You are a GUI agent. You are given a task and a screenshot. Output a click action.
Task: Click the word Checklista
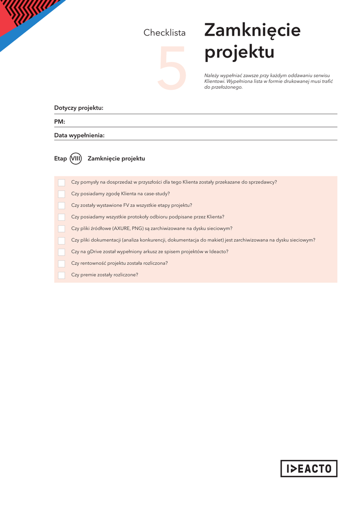pyautogui.click(x=164, y=33)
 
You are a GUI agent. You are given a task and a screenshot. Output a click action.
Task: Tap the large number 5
pyautogui.click(x=172, y=68)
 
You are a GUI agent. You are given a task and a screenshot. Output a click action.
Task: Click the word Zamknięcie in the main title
pyautogui.click(x=252, y=30)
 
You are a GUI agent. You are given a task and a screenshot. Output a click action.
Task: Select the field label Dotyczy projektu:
pyautogui.click(x=78, y=108)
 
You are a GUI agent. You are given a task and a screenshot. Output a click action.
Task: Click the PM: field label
pyautogui.click(x=60, y=122)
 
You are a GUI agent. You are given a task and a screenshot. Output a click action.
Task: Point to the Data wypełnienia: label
pyautogui.click(x=79, y=135)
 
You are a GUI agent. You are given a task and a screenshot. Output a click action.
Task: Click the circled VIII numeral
pyautogui.click(x=76, y=158)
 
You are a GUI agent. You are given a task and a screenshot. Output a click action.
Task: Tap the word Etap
pyautogui.click(x=61, y=158)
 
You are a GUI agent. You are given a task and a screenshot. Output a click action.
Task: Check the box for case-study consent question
pyautogui.click(x=62, y=194)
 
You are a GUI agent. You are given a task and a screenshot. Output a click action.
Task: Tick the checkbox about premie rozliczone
pyautogui.click(x=62, y=275)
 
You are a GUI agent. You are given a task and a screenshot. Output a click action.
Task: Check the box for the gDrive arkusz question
pyautogui.click(x=62, y=252)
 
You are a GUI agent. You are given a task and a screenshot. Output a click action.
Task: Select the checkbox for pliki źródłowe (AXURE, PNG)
pyautogui.click(x=62, y=229)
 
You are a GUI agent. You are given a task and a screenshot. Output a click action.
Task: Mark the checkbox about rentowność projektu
pyautogui.click(x=62, y=264)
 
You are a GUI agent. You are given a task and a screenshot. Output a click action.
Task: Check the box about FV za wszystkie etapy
pyautogui.click(x=62, y=205)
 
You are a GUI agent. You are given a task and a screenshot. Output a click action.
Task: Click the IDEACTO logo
pyautogui.click(x=308, y=468)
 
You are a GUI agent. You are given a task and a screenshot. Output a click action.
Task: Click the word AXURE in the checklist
pyautogui.click(x=122, y=229)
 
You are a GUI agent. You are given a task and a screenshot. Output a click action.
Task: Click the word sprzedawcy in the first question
pyautogui.click(x=263, y=182)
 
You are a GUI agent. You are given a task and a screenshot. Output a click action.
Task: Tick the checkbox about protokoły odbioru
pyautogui.click(x=62, y=217)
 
